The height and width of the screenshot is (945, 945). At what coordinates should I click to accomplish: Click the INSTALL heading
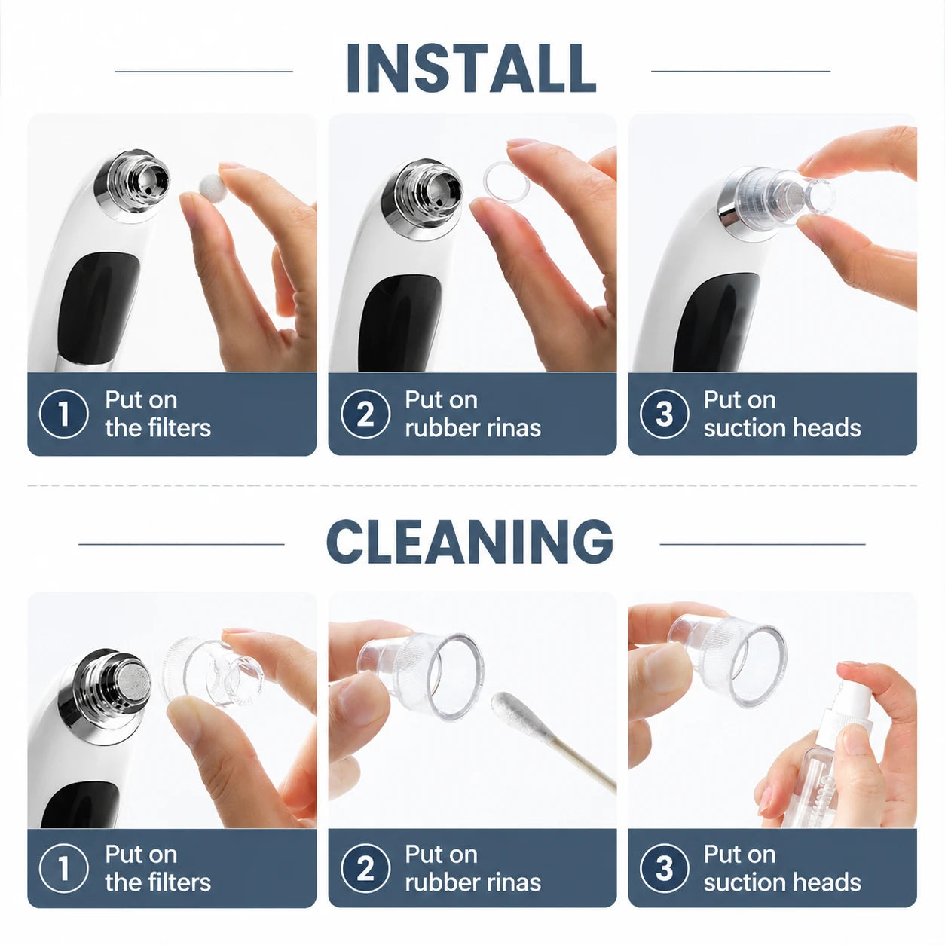click(471, 68)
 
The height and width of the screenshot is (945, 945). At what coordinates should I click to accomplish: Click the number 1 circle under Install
click(64, 414)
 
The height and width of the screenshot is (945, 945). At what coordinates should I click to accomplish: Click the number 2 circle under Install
click(365, 414)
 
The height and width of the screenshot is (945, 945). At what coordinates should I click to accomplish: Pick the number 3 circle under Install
click(665, 414)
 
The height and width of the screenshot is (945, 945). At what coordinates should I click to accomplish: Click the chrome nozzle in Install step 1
click(133, 186)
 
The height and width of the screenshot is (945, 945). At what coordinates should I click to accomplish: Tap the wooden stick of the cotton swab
click(583, 760)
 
